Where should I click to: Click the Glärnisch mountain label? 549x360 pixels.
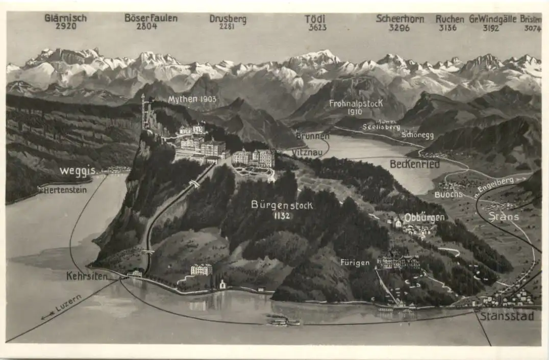tap(65, 18)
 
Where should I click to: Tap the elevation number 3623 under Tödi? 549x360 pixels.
tap(317, 27)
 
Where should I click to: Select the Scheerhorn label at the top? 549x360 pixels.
tap(400, 18)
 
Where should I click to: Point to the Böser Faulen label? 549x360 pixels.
tap(151, 18)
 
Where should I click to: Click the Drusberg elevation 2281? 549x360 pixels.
tap(228, 27)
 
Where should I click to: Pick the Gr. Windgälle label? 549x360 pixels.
tap(491, 19)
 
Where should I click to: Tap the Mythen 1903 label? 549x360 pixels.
tap(192, 99)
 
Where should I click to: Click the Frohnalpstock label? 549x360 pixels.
tap(356, 104)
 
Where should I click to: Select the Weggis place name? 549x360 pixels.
tap(77, 171)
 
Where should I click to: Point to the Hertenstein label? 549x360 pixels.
tap(65, 190)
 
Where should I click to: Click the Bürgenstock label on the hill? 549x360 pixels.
tap(282, 205)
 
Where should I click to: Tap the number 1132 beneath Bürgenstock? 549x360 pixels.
tap(281, 216)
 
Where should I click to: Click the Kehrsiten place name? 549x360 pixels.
tap(87, 276)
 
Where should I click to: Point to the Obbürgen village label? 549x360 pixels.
tap(424, 218)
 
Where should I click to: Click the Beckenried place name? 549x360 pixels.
tap(414, 164)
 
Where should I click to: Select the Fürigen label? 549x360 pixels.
tap(355, 263)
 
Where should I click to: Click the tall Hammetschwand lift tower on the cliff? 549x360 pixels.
tap(143, 112)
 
